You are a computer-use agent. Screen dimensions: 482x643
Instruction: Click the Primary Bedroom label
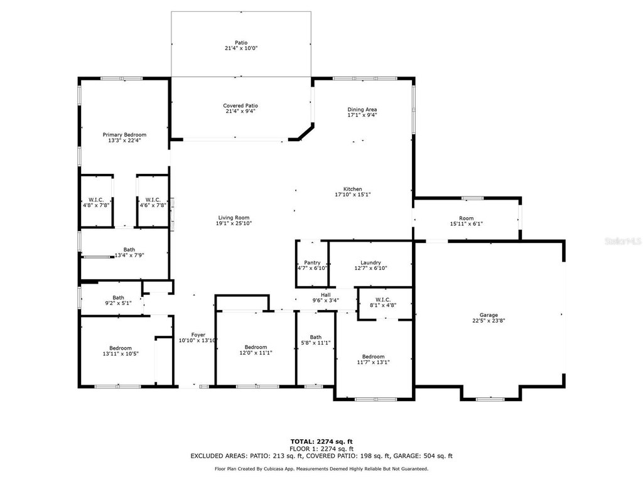(124, 135)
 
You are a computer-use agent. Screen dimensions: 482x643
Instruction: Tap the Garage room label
(489, 315)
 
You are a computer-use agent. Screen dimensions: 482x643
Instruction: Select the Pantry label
(312, 263)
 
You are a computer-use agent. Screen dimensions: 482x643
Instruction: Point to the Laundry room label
(370, 263)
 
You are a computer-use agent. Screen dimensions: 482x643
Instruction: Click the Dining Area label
(362, 110)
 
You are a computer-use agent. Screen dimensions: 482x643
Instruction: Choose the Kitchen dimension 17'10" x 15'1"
(352, 195)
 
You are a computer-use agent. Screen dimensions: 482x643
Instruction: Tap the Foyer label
(198, 335)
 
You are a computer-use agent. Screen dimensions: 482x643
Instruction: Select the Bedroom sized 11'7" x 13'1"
(373, 361)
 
